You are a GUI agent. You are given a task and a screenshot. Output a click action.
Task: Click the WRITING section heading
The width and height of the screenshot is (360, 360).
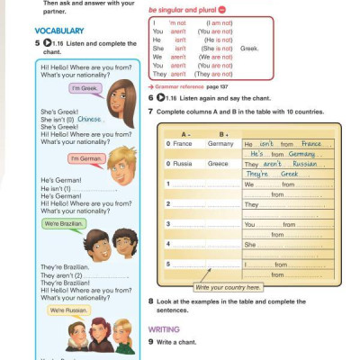coord(165,329)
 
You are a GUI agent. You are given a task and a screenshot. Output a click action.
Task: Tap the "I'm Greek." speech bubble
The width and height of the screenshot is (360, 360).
coord(84,88)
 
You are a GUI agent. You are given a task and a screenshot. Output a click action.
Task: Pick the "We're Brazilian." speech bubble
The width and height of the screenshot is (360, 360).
coord(63,223)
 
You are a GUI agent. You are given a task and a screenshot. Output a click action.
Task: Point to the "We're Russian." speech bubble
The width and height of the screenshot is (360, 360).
coord(68,310)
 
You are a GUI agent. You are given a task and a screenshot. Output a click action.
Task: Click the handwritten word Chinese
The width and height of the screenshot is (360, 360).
coord(91,118)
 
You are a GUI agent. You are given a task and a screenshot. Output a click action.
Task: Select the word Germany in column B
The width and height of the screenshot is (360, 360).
coord(220,144)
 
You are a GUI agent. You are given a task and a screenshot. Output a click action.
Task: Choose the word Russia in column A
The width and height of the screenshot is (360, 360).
coord(183,164)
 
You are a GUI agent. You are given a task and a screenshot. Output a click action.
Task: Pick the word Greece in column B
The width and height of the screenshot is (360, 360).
coord(219,164)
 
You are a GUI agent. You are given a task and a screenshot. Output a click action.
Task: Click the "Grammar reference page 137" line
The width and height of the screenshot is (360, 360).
coord(186,83)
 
